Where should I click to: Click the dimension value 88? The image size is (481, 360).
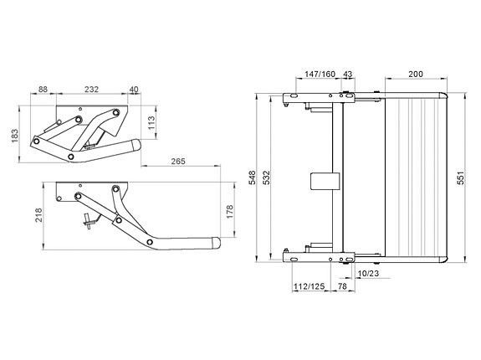[43, 90]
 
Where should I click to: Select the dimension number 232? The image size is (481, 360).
[92, 90]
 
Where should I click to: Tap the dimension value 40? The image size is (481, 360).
[134, 90]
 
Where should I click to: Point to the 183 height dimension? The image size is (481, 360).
[15, 136]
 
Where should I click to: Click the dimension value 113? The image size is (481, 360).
[152, 122]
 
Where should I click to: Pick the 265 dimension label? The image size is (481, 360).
[178, 162]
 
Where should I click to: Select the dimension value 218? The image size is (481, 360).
[38, 215]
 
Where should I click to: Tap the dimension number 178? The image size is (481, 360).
[230, 212]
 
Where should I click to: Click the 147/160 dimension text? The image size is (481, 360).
[320, 75]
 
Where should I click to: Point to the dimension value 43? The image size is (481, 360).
[347, 75]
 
